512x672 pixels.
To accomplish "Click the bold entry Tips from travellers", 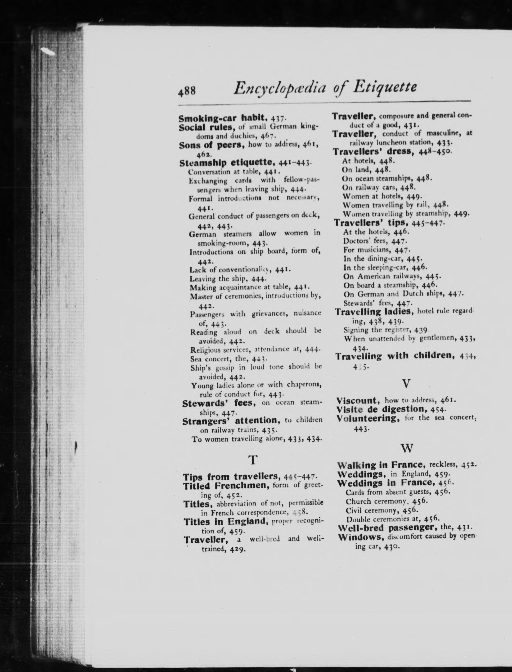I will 231,477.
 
